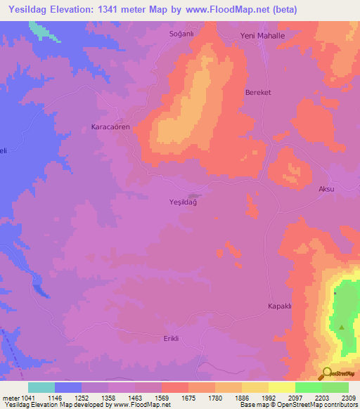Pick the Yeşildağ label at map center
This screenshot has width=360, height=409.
(179, 202)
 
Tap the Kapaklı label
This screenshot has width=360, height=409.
(279, 306)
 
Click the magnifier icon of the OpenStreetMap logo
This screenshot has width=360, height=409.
(327, 373)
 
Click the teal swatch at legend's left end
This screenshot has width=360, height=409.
(41, 387)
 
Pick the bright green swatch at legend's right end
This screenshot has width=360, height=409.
(335, 387)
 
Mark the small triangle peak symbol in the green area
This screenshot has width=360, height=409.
(342, 327)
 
